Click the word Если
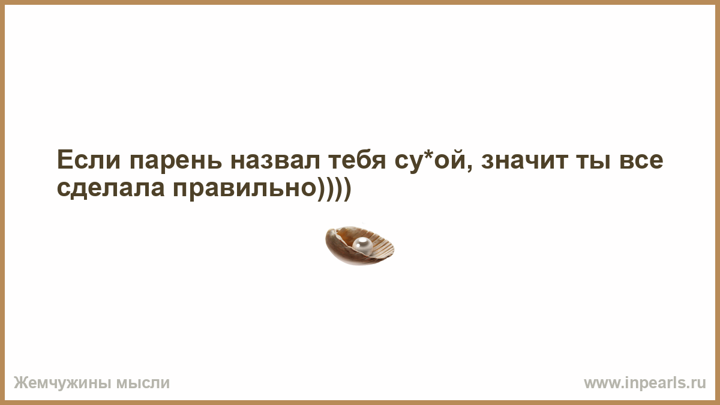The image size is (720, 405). tap(88, 160)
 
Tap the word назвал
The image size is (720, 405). tap(275, 160)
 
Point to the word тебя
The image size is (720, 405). tap(357, 160)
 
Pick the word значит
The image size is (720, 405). tap(524, 160)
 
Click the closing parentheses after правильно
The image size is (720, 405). tap(334, 189)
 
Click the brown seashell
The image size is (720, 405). tap(359, 246)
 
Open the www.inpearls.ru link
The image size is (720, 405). tap(645, 383)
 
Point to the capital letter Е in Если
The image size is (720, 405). tap(64, 160)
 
